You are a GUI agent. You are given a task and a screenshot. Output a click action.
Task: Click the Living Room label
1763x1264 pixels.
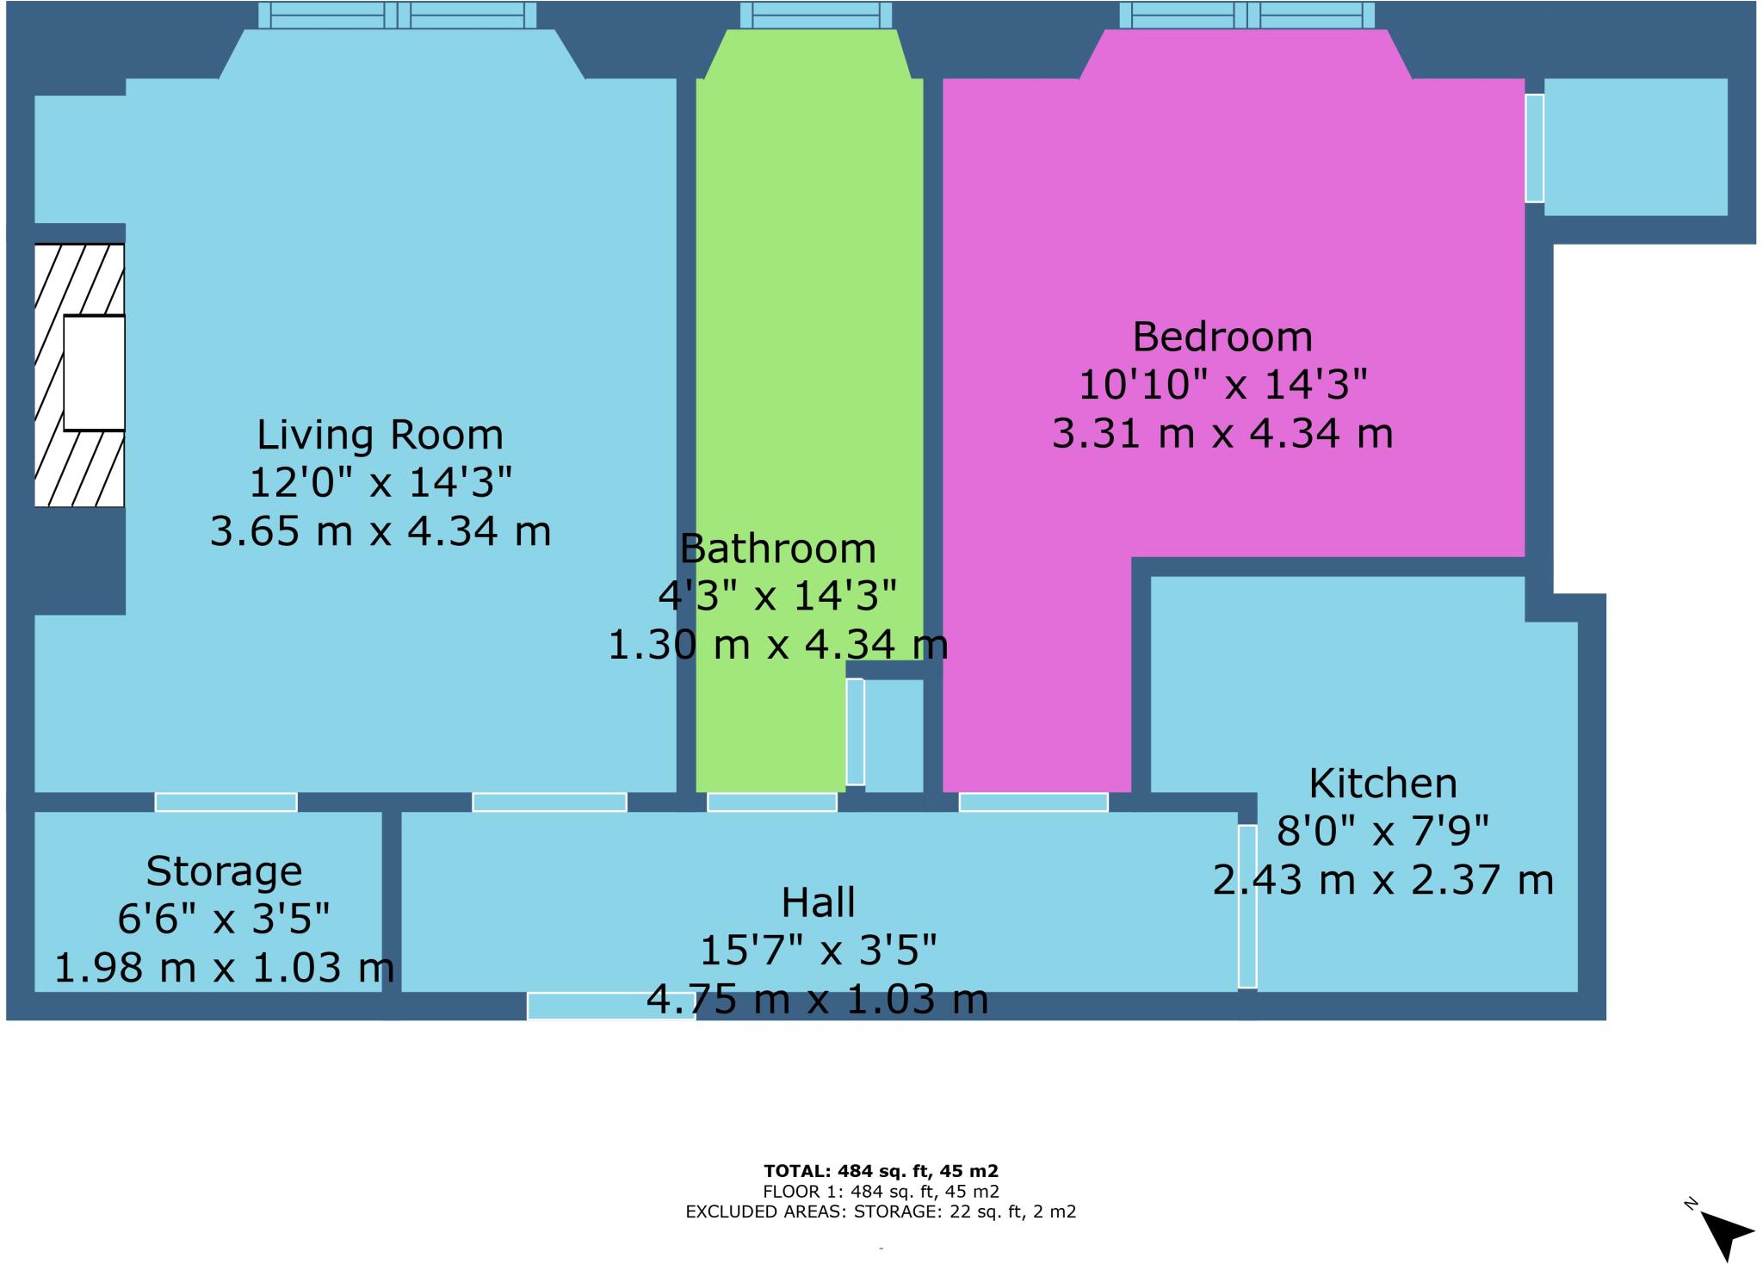tap(380, 435)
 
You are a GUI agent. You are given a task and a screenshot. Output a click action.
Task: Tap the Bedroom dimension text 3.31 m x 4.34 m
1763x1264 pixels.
tap(1222, 433)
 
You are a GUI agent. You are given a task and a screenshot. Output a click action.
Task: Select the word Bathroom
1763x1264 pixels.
tap(777, 548)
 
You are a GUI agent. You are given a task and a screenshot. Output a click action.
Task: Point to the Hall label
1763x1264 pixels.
tap(818, 903)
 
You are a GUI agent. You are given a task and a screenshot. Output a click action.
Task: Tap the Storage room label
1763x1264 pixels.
tap(224, 871)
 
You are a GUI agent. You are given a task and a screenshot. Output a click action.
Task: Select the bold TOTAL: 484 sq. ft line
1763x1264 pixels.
tap(881, 1171)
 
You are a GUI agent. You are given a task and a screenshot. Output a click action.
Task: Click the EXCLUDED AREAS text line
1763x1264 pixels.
tap(881, 1212)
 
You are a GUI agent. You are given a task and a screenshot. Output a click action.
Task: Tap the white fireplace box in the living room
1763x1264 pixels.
tap(94, 373)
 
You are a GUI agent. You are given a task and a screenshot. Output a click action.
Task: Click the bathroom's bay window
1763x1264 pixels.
tap(815, 15)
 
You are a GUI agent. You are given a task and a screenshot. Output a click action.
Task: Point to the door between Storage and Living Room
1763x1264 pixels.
tap(226, 802)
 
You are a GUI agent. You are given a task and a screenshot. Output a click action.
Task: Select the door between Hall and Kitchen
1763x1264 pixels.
tap(1247, 906)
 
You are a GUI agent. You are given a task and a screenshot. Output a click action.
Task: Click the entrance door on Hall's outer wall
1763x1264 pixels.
tap(611, 1006)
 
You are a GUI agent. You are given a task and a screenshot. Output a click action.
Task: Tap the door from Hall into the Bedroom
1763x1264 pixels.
tap(1033, 802)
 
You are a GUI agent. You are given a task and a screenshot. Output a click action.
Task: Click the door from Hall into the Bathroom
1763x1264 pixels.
tap(771, 802)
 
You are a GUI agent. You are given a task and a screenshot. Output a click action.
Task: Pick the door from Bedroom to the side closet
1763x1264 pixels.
tap(1534, 148)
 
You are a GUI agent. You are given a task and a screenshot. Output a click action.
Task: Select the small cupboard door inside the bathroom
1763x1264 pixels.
tap(855, 732)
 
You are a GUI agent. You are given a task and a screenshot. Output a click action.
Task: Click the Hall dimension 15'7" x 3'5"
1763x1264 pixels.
tap(818, 951)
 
